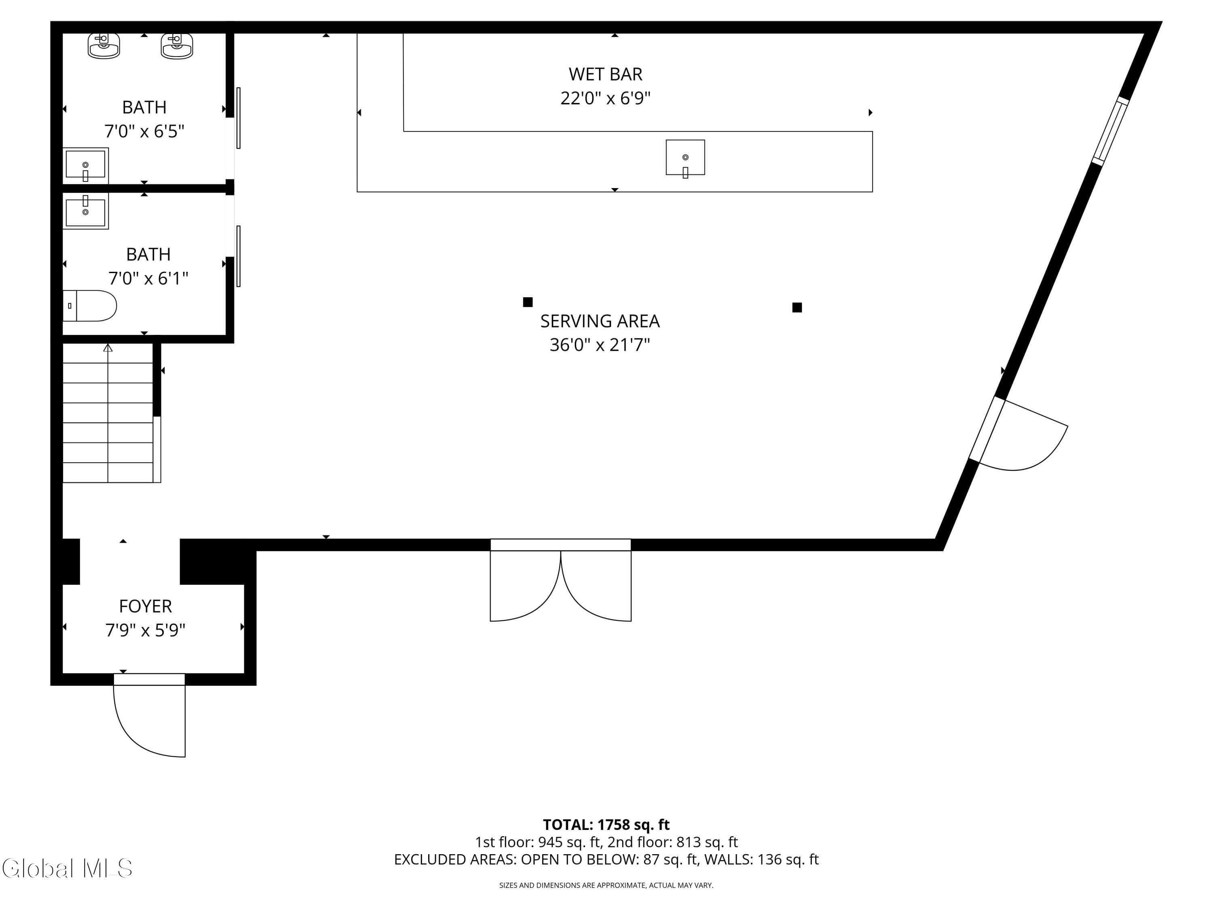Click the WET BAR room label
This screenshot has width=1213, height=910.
coord(605,74)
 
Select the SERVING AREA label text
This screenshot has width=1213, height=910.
coord(600,321)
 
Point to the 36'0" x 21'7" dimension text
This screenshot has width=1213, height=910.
coord(600,345)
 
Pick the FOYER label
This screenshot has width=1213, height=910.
coord(145,606)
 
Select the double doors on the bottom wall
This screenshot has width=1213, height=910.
coord(560,580)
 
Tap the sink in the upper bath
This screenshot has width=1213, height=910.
coord(86,165)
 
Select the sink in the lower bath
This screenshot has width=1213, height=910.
coord(86,211)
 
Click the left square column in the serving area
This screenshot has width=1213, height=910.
coord(528,302)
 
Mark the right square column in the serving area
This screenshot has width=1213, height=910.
coord(797,307)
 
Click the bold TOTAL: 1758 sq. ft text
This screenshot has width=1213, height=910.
coord(606,825)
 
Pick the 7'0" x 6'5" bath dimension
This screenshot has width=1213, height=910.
coord(144,131)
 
